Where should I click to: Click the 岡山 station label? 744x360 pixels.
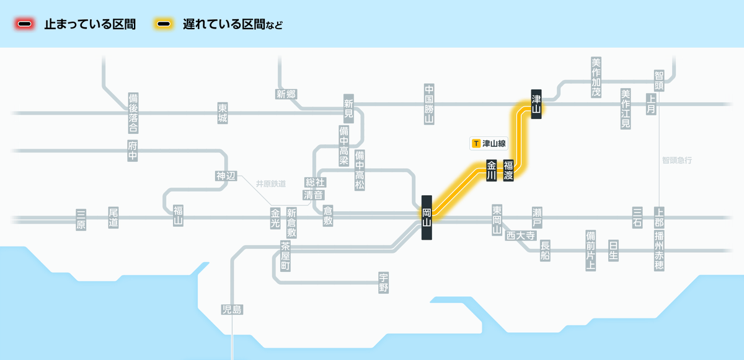(427, 217)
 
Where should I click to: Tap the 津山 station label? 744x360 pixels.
(536, 104)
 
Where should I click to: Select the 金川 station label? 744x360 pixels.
(491, 170)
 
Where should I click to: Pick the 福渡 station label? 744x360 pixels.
(508, 170)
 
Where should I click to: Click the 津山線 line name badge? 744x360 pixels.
(489, 143)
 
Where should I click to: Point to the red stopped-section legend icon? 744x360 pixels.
(25, 24)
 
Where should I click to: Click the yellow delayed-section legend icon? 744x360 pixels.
(164, 24)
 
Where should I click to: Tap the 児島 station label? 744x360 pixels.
(232, 310)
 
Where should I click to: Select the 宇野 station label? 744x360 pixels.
(384, 283)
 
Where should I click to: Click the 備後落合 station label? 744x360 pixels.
(133, 113)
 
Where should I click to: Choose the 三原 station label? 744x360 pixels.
(81, 219)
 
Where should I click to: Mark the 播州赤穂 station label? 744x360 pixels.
(659, 250)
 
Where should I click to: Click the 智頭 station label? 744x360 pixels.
(659, 81)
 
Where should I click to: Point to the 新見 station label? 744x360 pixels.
(348, 108)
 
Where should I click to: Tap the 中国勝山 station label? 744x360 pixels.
(429, 104)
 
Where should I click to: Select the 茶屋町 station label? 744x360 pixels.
(285, 256)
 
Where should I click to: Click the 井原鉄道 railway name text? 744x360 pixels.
(271, 184)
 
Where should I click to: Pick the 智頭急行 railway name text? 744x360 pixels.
(677, 160)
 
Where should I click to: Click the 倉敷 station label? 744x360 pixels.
(328, 216)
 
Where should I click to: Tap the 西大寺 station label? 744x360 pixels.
(521, 235)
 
